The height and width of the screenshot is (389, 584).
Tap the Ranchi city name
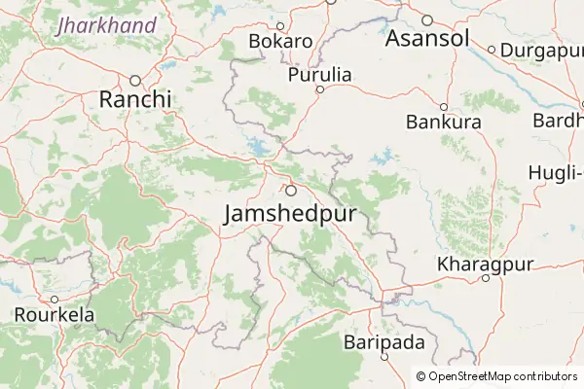135,99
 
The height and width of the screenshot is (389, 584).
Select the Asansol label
427,39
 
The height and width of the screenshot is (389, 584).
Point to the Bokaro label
280,42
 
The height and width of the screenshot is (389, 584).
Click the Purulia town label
319,75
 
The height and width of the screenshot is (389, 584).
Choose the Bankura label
444,123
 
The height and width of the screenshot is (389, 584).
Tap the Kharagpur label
487,265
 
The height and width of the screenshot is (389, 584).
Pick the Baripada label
384,342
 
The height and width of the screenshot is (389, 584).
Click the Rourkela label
54,315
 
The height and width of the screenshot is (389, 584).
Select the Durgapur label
538,50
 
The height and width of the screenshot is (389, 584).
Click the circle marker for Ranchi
135,80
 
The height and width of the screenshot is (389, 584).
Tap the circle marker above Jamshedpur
290,190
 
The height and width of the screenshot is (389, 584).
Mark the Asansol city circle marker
426,20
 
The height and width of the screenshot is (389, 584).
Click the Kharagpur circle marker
486,279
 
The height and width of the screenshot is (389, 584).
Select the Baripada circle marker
384,357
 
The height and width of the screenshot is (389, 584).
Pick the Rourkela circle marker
54,300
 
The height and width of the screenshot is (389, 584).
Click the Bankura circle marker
444,107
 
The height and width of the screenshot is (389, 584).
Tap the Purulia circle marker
319,89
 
